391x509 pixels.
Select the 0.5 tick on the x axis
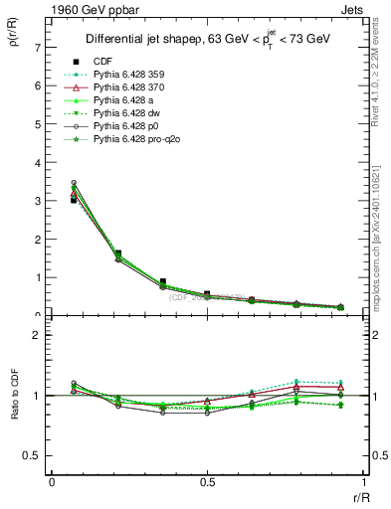[207, 482]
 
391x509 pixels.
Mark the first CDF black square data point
[74, 200]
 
